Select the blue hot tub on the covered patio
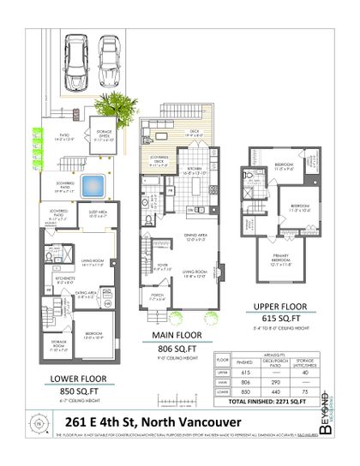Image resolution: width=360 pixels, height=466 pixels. (93, 184)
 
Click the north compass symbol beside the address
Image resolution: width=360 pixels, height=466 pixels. (37, 421)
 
